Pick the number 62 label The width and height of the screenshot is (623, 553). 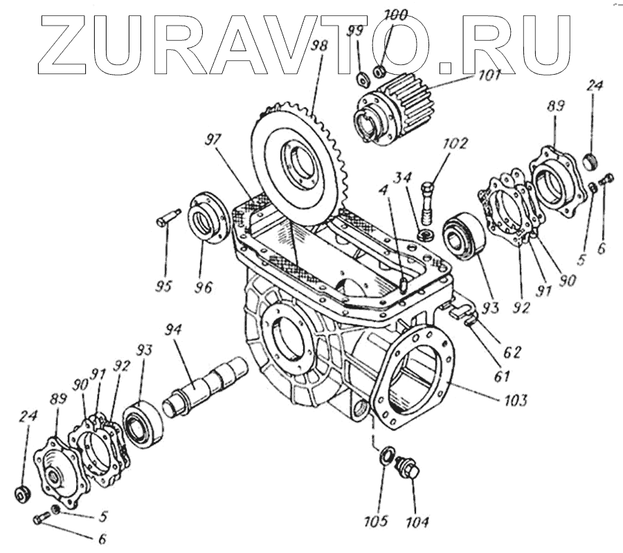pyautogui.click(x=512, y=351)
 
